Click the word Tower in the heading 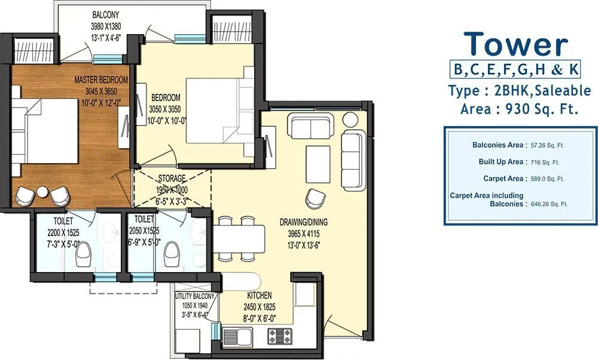pyautogui.click(x=516, y=44)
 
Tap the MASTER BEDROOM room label pyautogui.click(x=101, y=80)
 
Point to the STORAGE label pyautogui.click(x=172, y=178)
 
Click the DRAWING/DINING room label pyautogui.click(x=303, y=222)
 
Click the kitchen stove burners pyautogui.click(x=279, y=337)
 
